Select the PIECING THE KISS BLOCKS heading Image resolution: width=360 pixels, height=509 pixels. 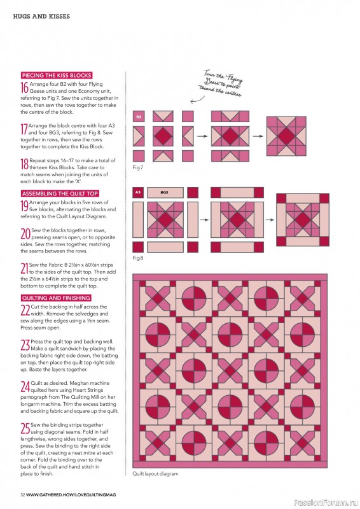click(x=57, y=75)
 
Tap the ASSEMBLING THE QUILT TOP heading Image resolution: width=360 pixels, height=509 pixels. click(x=59, y=193)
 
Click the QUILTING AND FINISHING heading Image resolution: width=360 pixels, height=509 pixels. click(x=56, y=298)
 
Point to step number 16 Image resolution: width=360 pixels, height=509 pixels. click(x=25, y=88)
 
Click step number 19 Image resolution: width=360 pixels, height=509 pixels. click(x=25, y=206)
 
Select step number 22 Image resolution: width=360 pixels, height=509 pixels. click(x=25, y=310)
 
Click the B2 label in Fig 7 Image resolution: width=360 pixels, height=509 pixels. click(x=138, y=116)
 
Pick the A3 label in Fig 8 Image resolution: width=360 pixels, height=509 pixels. click(x=138, y=192)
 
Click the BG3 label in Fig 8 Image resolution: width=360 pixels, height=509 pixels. click(x=164, y=192)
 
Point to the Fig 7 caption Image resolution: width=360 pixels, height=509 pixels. click(x=138, y=167)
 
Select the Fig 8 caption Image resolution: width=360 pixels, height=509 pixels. click(x=138, y=259)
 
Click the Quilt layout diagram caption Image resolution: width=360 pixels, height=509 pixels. click(x=156, y=492)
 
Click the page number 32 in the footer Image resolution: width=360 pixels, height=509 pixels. click(x=22, y=494)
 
